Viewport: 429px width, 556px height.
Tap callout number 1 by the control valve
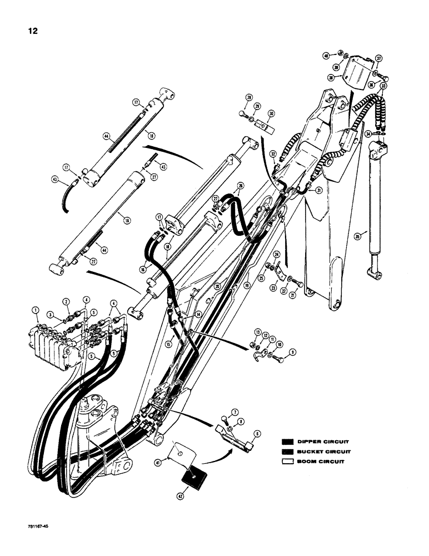pos(34,310)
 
